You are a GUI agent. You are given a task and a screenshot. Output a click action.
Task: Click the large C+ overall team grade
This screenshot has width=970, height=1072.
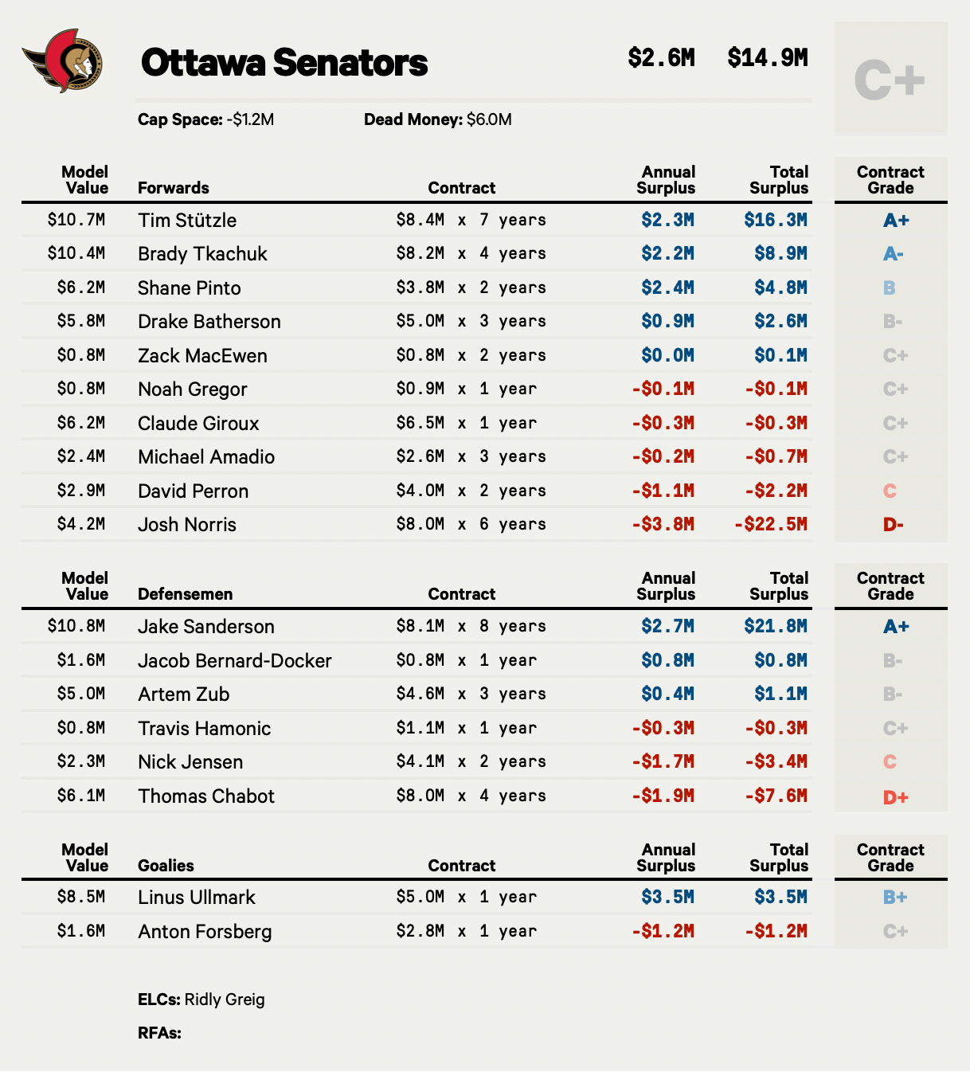click(x=890, y=80)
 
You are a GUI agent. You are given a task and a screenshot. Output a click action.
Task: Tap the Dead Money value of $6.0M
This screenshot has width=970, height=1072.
click(x=489, y=120)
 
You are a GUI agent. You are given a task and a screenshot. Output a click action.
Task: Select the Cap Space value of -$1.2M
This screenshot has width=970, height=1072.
click(x=250, y=120)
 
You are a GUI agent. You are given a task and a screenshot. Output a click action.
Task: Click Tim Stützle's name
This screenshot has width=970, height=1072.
click(x=187, y=221)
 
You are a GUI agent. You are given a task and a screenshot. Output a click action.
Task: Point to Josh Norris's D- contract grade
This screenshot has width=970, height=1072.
click(x=893, y=525)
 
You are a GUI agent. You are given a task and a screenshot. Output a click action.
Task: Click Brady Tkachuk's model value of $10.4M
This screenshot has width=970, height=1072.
click(x=76, y=253)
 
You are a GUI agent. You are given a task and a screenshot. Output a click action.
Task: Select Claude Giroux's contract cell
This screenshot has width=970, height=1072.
click(x=467, y=423)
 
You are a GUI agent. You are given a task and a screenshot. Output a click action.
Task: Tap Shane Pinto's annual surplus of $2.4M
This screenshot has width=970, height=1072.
click(x=667, y=288)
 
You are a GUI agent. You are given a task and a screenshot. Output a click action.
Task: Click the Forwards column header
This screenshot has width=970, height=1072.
click(x=174, y=188)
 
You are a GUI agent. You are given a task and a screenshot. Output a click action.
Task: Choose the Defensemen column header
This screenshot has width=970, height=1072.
click(x=186, y=594)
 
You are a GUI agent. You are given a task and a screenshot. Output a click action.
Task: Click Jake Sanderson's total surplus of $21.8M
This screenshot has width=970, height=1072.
click(x=776, y=627)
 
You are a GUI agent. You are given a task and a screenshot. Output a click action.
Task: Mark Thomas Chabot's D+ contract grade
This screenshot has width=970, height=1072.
click(x=895, y=796)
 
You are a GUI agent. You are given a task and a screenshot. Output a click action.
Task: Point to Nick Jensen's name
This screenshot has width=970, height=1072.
click(x=190, y=762)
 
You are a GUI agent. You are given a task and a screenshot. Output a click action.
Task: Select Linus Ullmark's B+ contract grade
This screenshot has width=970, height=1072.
click(x=895, y=898)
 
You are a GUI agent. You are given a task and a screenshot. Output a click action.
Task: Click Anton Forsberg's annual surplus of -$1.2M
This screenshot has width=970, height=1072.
click(x=663, y=931)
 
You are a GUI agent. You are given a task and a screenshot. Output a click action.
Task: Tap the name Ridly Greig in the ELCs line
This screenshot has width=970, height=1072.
click(x=225, y=1000)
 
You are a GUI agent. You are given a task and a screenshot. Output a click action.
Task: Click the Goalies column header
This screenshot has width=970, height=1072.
click(x=166, y=866)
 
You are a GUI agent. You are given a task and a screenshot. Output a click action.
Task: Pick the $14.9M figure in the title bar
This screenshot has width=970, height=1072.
click(x=768, y=58)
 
